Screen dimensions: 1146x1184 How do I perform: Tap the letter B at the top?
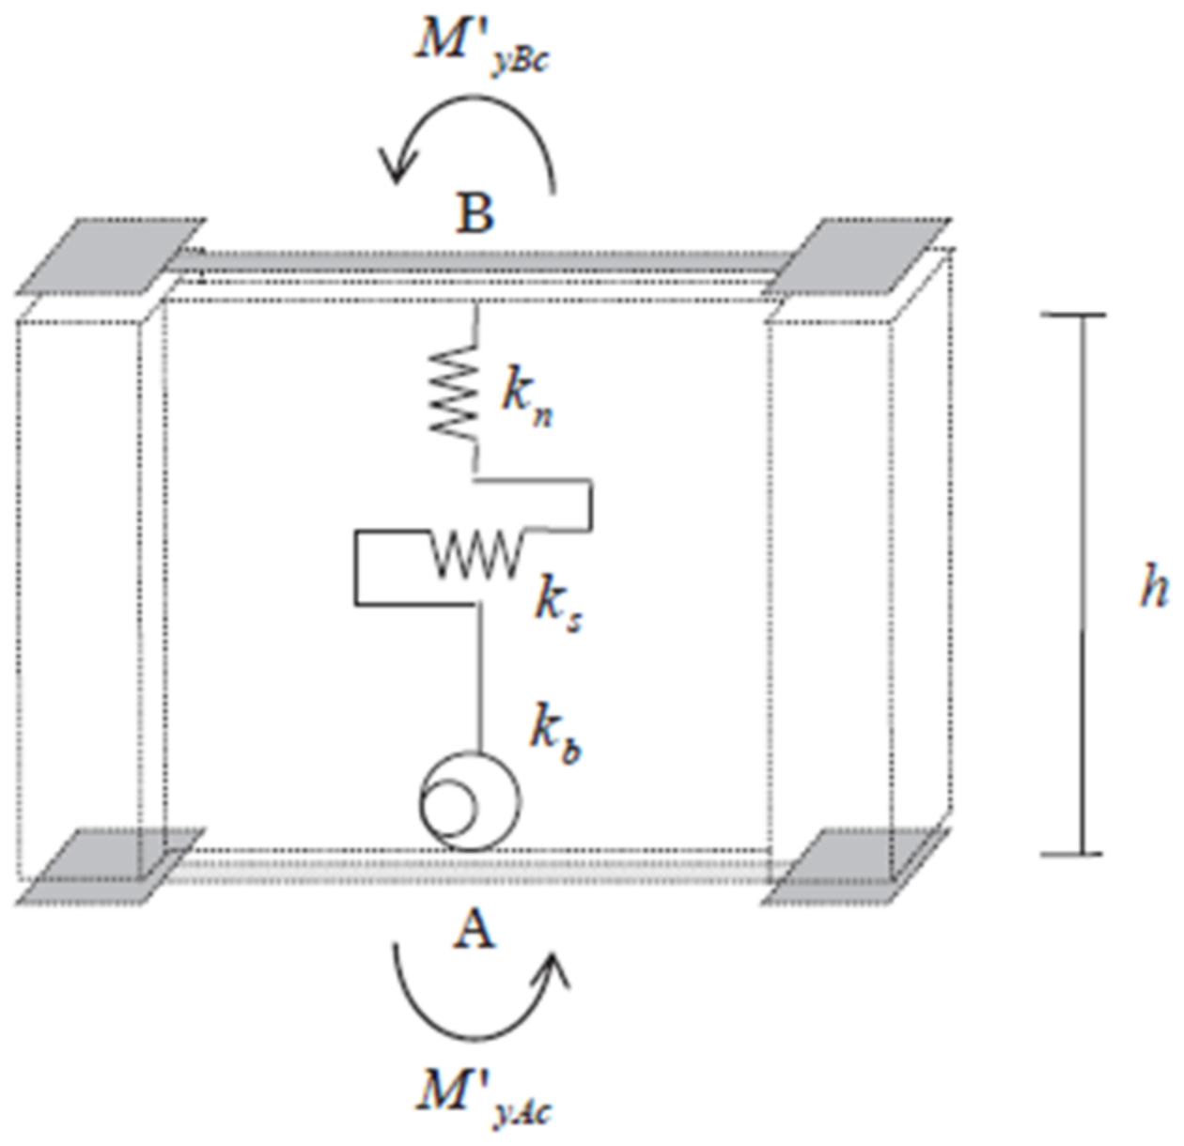point(475,214)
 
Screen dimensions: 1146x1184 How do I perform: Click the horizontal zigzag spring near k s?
point(475,553)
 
